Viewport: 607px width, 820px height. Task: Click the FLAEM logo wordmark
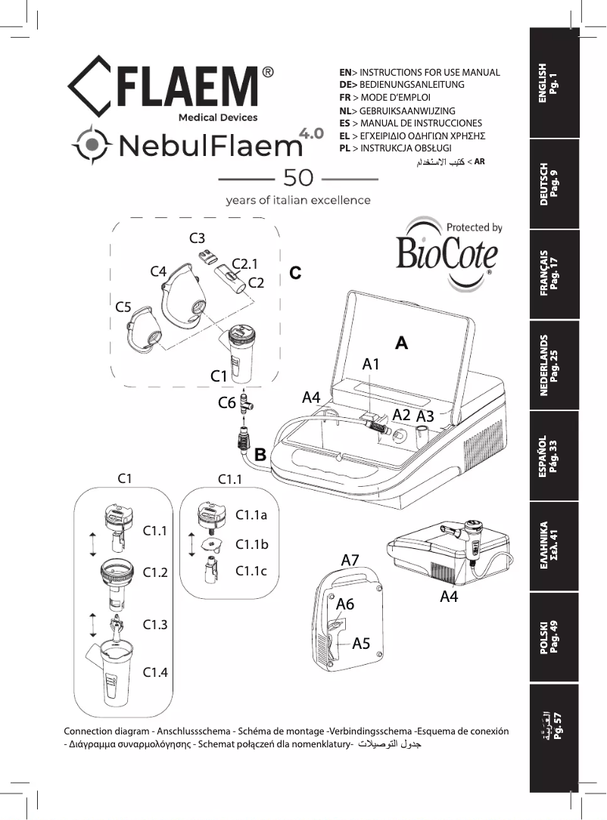[x=189, y=84]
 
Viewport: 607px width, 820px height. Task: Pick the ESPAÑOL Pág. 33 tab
[x=557, y=454]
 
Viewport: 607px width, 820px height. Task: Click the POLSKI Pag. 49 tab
[x=557, y=636]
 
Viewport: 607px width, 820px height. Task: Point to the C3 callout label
[x=198, y=237]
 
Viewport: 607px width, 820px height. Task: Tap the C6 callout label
[x=226, y=403]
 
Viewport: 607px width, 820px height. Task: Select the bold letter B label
[x=260, y=455]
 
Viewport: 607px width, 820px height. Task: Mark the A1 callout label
[x=371, y=364]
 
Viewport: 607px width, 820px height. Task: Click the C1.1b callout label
[x=252, y=544]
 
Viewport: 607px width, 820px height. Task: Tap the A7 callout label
[x=350, y=560]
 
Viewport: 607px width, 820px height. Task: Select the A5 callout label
[x=362, y=644]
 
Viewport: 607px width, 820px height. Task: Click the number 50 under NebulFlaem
[x=297, y=178]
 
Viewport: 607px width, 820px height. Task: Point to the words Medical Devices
[x=217, y=117]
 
